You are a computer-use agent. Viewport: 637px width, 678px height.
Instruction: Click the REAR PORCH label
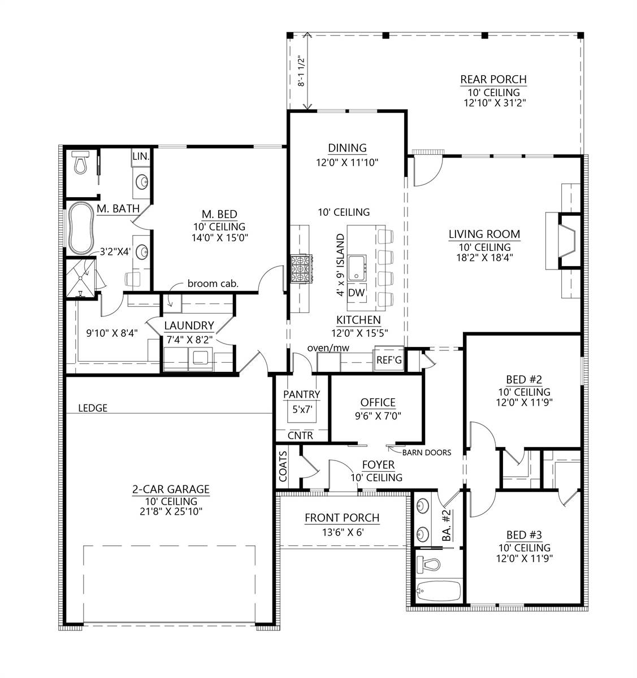click(493, 79)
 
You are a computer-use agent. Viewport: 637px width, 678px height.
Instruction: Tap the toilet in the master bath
click(80, 162)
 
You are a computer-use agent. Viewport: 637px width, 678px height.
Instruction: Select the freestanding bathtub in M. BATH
click(81, 228)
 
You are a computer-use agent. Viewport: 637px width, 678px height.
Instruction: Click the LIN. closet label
click(141, 157)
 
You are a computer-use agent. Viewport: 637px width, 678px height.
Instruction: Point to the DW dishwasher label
click(357, 293)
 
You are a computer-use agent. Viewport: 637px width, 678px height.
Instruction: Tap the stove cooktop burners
click(302, 269)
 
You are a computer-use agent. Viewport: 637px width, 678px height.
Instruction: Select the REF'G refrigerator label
click(389, 360)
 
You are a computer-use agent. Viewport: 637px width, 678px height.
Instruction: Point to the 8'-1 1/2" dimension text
click(301, 71)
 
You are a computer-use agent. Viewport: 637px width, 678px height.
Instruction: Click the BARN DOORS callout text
click(427, 453)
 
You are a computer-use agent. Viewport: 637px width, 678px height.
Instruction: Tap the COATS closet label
click(283, 466)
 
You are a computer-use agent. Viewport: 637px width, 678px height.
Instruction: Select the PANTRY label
click(302, 394)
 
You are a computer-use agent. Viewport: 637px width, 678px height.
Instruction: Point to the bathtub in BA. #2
click(438, 592)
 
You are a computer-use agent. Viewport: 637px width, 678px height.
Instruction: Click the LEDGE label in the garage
click(93, 408)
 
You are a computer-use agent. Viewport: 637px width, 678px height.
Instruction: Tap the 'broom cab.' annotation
click(213, 284)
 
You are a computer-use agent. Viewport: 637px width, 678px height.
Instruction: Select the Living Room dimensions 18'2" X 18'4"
click(484, 258)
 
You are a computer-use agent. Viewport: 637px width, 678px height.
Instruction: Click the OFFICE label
click(378, 402)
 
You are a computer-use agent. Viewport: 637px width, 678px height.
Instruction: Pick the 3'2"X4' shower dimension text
click(115, 251)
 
